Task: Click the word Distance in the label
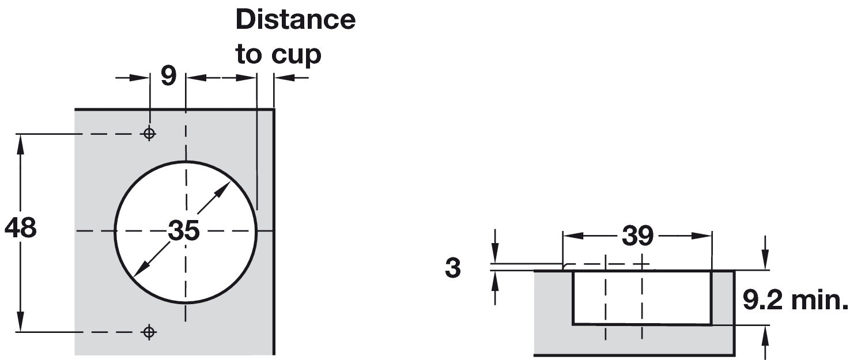[295, 20]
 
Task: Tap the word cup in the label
[296, 55]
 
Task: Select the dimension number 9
[168, 77]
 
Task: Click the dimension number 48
[20, 228]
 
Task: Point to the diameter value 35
[184, 231]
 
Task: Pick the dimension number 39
[637, 236]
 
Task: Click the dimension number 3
[453, 268]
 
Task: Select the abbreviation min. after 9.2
[819, 300]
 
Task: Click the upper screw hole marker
[149, 134]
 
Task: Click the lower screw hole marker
[149, 332]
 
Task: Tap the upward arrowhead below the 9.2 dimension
[765, 334]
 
